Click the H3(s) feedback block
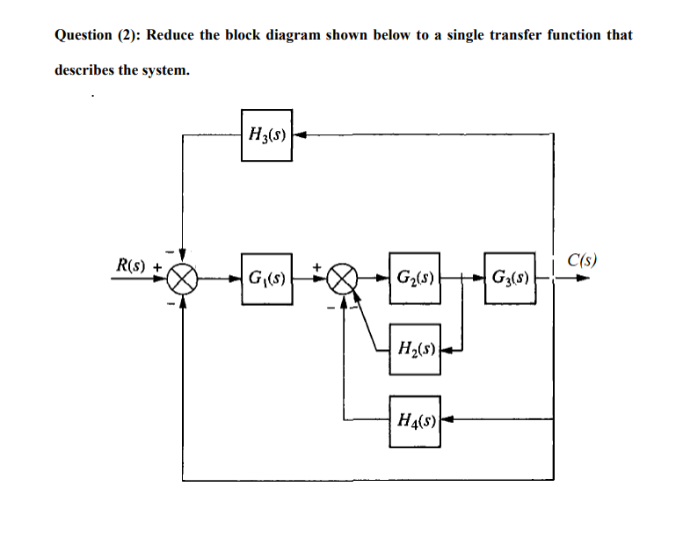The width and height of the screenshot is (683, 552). (x=266, y=134)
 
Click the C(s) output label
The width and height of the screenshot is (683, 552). (x=582, y=259)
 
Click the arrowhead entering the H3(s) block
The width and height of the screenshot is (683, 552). (x=299, y=134)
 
